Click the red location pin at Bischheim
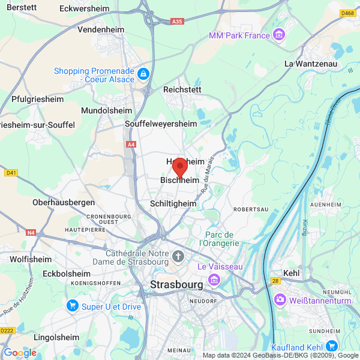[179, 166]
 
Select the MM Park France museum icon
[279, 35]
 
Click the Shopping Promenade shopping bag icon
[143, 74]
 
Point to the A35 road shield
[176, 22]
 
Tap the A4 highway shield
[131, 144]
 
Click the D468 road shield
[347, 13]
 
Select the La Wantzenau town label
[311, 63]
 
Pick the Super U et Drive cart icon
[73, 306]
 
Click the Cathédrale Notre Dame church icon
[178, 257]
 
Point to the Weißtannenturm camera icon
[280, 299]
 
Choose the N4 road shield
[31, 232]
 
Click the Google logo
[19, 352]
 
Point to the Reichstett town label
[182, 89]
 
